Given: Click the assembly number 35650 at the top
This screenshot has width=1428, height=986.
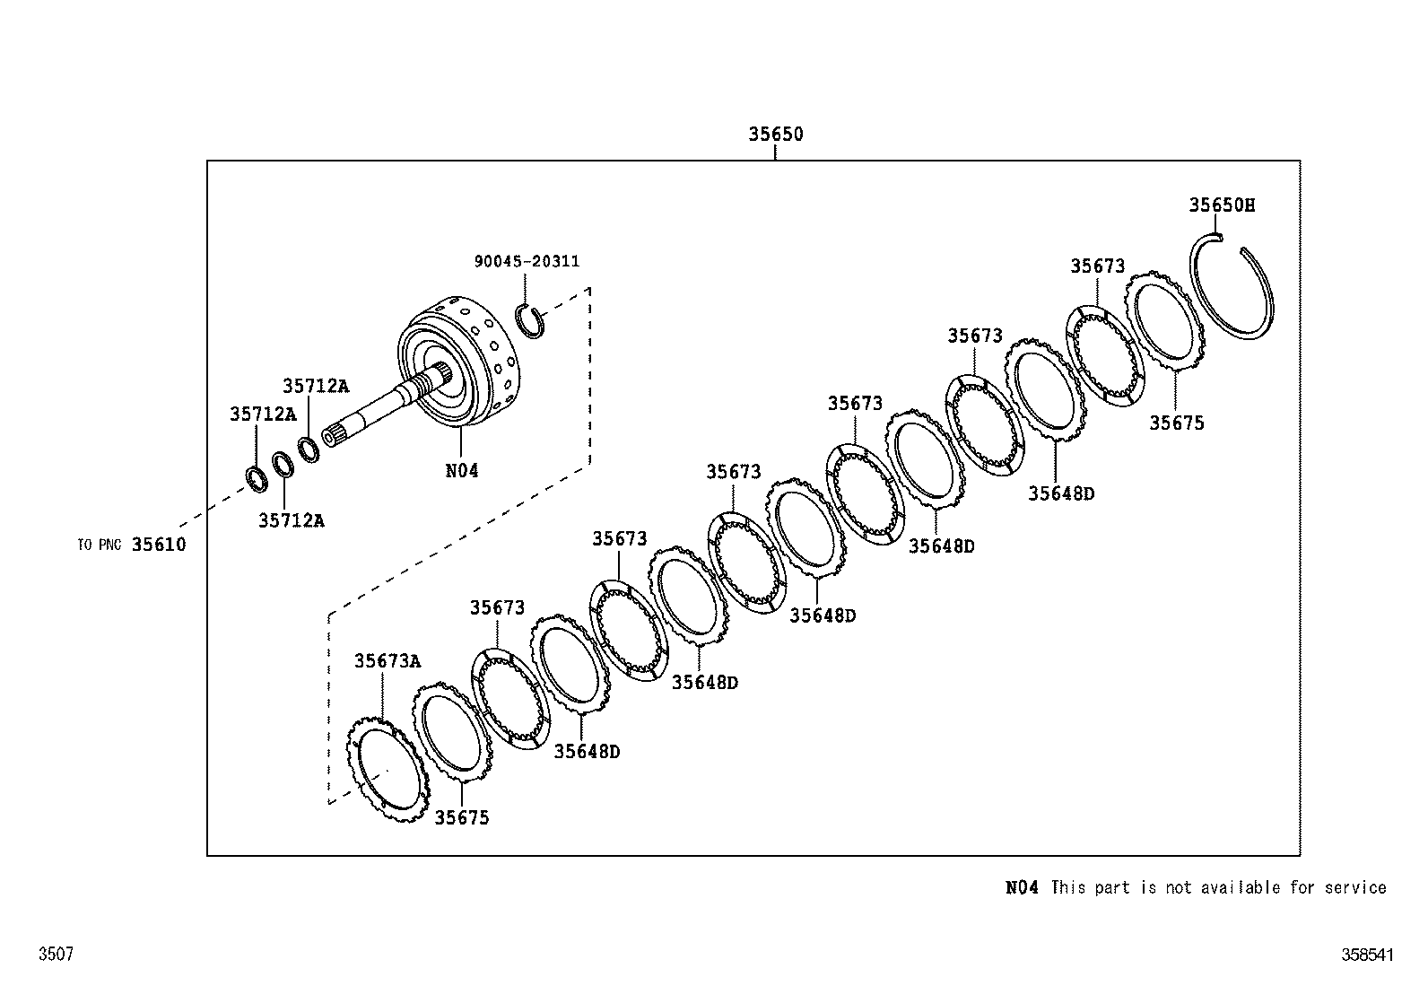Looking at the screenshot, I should click(776, 135).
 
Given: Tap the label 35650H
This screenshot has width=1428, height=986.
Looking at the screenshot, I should click(1222, 205).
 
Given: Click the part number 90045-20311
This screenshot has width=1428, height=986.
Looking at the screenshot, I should click(527, 261).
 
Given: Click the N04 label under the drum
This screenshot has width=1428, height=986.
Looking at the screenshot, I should click(462, 470).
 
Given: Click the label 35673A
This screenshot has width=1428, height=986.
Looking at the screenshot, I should click(387, 661).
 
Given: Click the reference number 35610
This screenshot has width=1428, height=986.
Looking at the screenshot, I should click(159, 545).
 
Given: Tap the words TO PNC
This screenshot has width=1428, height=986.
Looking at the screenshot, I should click(99, 545).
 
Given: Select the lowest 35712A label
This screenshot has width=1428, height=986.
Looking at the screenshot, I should click(291, 520).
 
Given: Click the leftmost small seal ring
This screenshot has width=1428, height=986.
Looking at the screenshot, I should click(257, 479).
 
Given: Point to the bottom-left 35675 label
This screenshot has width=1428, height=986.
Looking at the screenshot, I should click(462, 818).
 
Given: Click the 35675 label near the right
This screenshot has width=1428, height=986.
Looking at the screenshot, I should click(1177, 423).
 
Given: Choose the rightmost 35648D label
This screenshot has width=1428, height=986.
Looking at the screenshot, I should click(1061, 493).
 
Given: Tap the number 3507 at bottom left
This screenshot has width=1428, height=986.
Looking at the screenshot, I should click(56, 955).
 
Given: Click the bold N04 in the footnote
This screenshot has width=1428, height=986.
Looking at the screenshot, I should click(1022, 887).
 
